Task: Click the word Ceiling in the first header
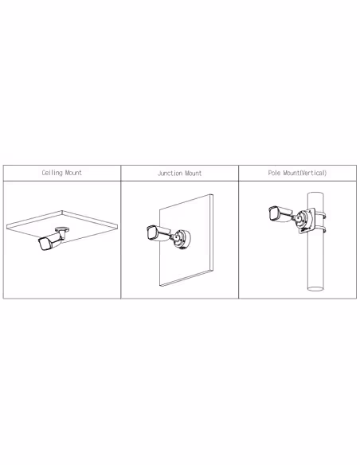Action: tap(53, 173)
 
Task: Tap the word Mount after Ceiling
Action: tap(73, 173)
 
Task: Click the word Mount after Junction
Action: tap(193, 174)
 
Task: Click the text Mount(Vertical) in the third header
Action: tap(305, 173)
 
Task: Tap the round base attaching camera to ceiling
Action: tap(62, 229)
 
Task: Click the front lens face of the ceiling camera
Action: tap(44, 244)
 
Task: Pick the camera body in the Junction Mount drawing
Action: tap(158, 232)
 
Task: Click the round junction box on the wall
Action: tap(182, 238)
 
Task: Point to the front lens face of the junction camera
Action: tap(151, 232)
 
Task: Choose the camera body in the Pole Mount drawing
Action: tap(280, 213)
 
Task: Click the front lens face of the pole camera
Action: tap(273, 213)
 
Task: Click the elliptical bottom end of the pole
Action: tap(315, 287)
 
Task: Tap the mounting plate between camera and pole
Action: tap(306, 221)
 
